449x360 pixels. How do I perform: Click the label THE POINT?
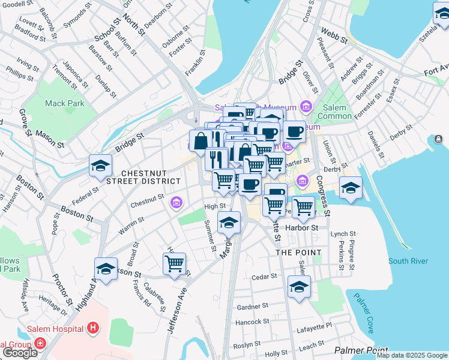pyautogui.click(x=298, y=253)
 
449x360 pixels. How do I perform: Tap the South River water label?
pyautogui.click(x=408, y=261)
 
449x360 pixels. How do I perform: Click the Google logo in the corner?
pyautogui.click(x=19, y=352)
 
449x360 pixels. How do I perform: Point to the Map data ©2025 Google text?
pyautogui.click(x=412, y=355)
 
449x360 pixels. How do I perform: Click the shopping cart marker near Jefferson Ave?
pyautogui.click(x=174, y=263)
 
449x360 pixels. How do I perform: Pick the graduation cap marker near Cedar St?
pyautogui.click(x=299, y=286)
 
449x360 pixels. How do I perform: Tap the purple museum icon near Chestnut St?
pyautogui.click(x=176, y=203)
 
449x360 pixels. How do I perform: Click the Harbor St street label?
pyautogui.click(x=306, y=228)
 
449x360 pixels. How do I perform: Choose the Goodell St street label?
pyautogui.click(x=17, y=4)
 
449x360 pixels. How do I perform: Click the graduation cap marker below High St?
pyautogui.click(x=229, y=223)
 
